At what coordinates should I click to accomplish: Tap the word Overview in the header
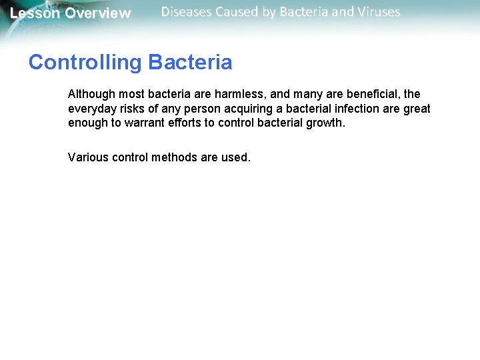pyautogui.click(x=98, y=13)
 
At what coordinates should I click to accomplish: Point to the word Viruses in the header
pyautogui.click(x=378, y=12)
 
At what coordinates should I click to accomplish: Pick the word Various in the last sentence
pyautogui.click(x=88, y=157)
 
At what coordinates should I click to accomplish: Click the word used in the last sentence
pyautogui.click(x=237, y=157)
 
